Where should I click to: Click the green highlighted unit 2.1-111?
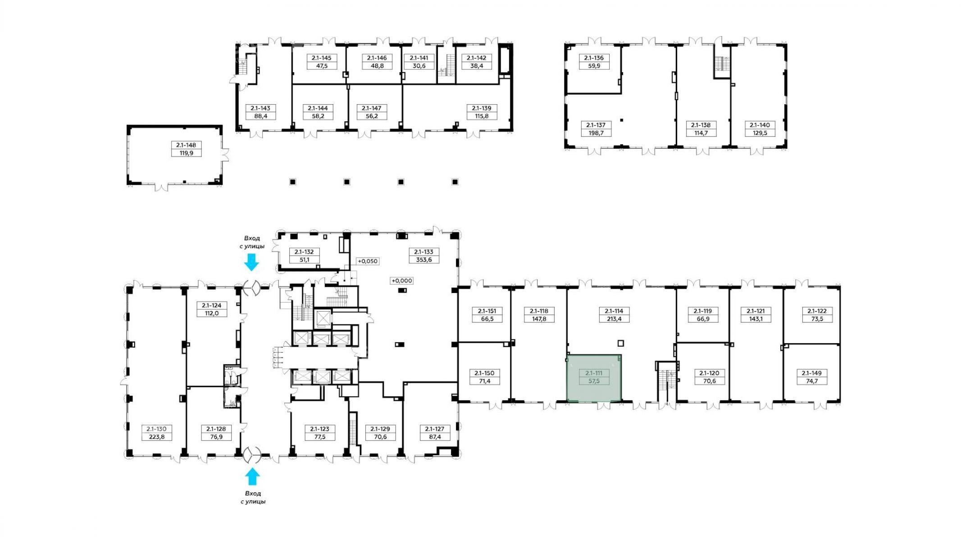[x=594, y=378]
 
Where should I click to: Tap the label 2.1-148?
[x=187, y=145]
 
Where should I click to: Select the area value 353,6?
[x=424, y=260]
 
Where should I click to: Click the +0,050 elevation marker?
[x=368, y=261]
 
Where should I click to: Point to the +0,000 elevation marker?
[x=402, y=280]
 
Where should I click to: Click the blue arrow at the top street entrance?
[x=251, y=262]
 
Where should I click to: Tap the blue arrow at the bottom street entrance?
[x=252, y=477]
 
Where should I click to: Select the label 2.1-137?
[x=596, y=125]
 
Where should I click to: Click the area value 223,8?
[x=157, y=436]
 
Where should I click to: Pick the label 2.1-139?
[x=482, y=108]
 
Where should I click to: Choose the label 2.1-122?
[x=817, y=311]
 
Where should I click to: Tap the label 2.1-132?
[x=304, y=252]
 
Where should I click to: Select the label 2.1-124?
[x=212, y=306]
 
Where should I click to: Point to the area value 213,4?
[x=614, y=319]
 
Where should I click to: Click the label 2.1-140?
[x=760, y=125]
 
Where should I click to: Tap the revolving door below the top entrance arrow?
[x=252, y=288]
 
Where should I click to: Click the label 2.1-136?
[x=594, y=58]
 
